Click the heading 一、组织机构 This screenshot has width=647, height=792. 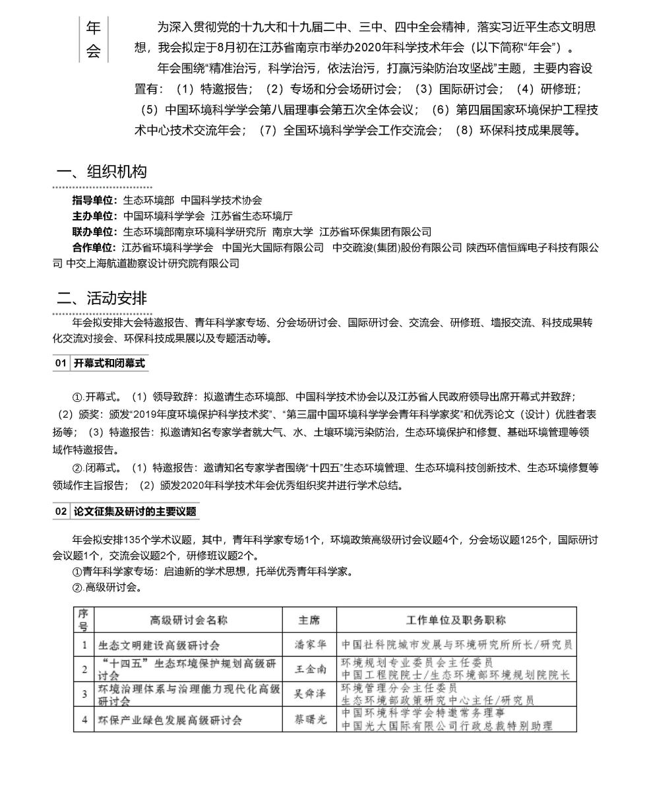pyautogui.click(x=102, y=173)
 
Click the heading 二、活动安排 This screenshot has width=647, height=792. pyautogui.click(x=102, y=298)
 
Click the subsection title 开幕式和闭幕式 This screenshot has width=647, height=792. pyautogui.click(x=109, y=364)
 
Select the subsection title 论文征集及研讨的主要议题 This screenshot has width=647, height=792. pyautogui.click(x=135, y=511)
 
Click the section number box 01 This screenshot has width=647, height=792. pyautogui.click(x=61, y=364)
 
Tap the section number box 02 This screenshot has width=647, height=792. pyautogui.click(x=61, y=511)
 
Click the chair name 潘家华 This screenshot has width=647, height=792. pyautogui.click(x=309, y=645)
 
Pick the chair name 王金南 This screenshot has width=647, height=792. pyautogui.click(x=309, y=669)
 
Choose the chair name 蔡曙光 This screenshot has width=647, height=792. pyautogui.click(x=309, y=719)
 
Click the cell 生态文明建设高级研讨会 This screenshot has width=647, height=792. pyautogui.click(x=159, y=645)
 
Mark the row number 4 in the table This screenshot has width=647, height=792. pyautogui.click(x=84, y=719)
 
